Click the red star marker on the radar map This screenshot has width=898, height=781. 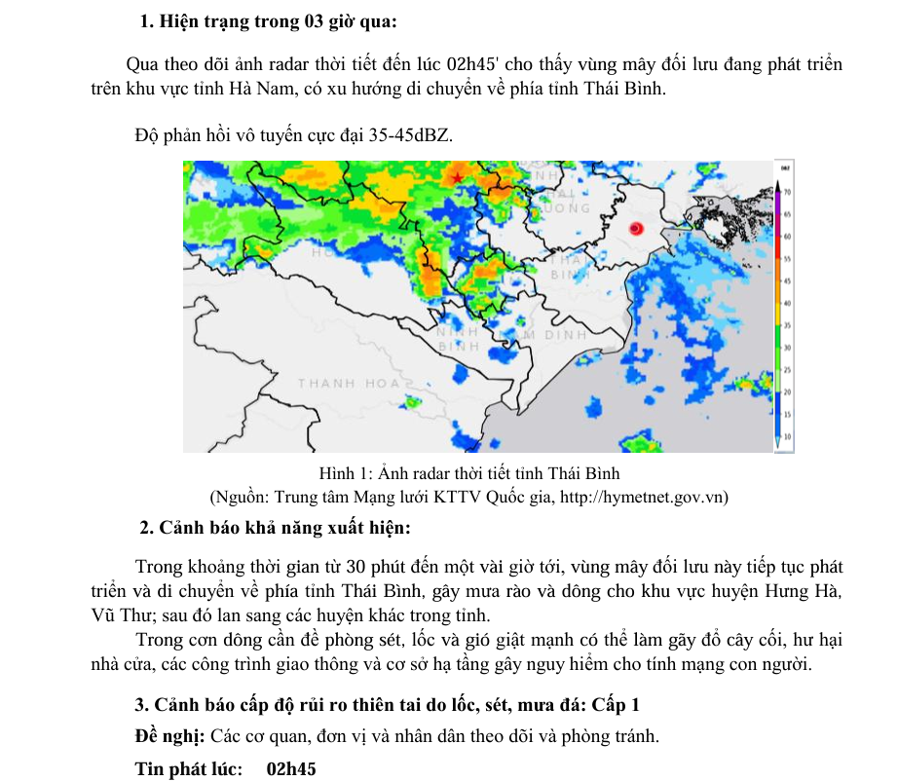(x=457, y=177)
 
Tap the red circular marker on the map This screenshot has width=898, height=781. (x=635, y=229)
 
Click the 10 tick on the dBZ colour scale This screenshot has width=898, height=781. (x=786, y=436)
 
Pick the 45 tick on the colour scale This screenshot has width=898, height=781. (x=786, y=280)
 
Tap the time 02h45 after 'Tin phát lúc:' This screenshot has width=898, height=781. (x=291, y=768)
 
